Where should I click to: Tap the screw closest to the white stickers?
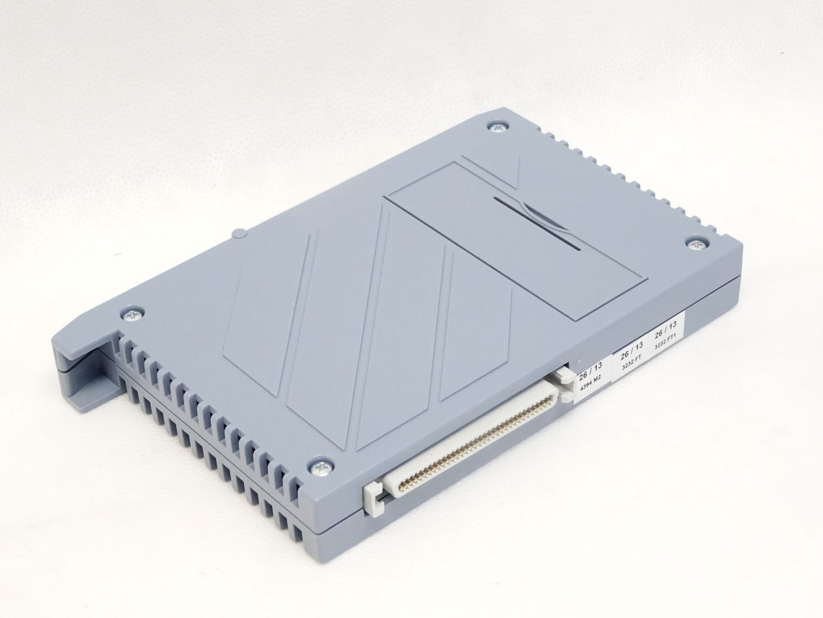(696, 244)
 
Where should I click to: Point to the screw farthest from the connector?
(498, 128)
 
